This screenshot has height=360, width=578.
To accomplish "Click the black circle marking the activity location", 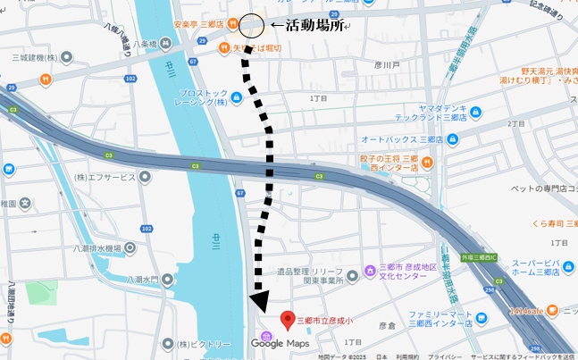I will (251, 25).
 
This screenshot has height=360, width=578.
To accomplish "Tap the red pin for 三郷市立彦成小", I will (288, 320).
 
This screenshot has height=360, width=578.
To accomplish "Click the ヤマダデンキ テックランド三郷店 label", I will (431, 113).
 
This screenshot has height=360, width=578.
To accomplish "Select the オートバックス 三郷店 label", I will (403, 140).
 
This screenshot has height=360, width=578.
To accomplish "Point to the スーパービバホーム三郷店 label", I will (540, 271).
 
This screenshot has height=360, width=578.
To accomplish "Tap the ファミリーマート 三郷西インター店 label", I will (446, 320).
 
